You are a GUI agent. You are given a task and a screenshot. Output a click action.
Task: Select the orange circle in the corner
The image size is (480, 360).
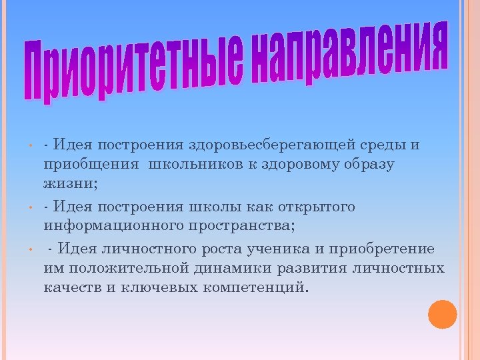point(442,315)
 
